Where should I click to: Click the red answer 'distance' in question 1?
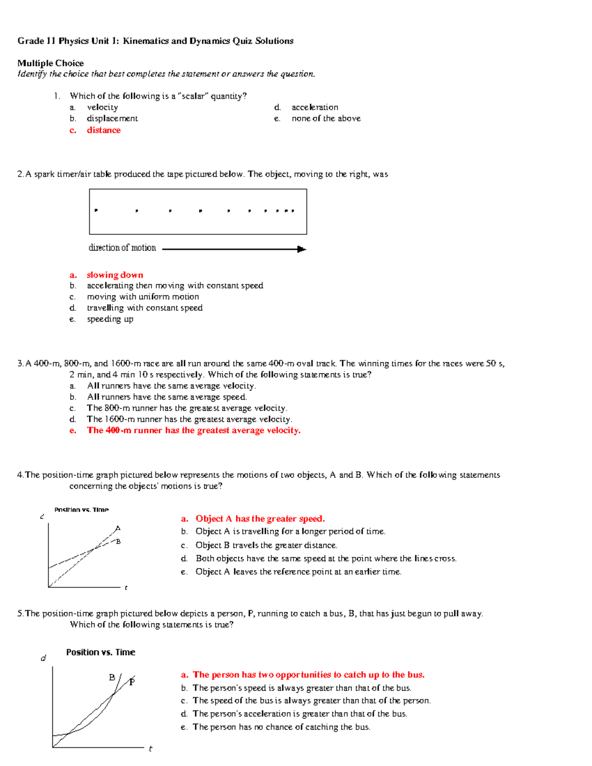point(104,130)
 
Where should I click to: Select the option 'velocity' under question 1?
point(102,108)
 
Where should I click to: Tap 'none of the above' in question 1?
point(326,118)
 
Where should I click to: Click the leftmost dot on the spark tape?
point(96,210)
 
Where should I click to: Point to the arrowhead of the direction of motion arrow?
point(302,250)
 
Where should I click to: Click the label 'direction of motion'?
point(122,248)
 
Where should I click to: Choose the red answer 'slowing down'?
point(114,275)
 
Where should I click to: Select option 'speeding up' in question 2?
point(110,319)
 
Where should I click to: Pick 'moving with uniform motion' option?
point(143,297)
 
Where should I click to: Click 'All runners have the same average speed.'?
point(167,397)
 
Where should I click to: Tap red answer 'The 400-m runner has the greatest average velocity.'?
point(193,431)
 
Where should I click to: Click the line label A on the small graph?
point(117,528)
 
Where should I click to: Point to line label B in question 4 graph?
point(118,542)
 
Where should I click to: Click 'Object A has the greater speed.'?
point(260,519)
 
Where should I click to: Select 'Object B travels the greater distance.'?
point(266,546)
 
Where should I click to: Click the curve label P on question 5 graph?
point(132,682)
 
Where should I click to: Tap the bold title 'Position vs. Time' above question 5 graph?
point(101,652)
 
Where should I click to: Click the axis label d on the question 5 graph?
point(43,658)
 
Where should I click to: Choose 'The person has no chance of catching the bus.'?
point(281,727)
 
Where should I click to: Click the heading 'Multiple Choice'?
point(50,63)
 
